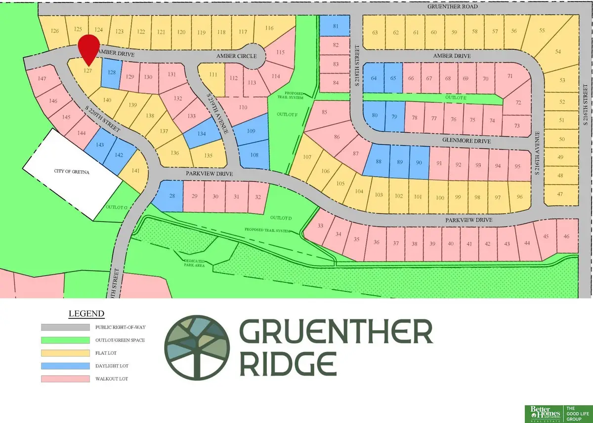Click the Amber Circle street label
(x=234, y=57)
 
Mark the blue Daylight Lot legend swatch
(x=66, y=366)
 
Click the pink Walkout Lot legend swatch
(x=66, y=379)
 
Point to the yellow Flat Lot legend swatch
(x=66, y=353)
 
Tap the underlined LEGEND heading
(x=86, y=314)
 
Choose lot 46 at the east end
(x=566, y=236)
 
